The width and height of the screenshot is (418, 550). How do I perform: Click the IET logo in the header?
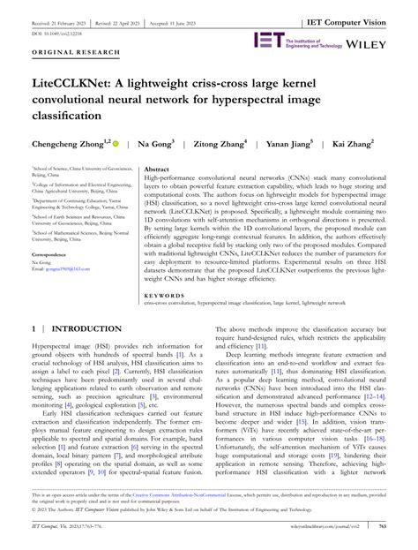[266, 39]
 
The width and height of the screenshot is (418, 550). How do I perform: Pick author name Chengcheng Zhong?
[67, 143]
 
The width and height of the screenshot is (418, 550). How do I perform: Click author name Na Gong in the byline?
[160, 143]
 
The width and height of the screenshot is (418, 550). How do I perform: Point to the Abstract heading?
[157, 168]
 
